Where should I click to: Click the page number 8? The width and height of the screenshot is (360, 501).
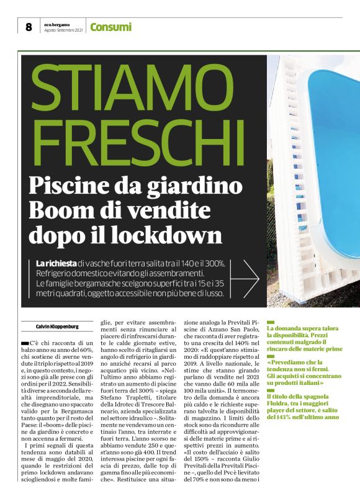(x=29, y=27)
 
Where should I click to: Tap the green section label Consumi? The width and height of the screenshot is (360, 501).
(x=111, y=27)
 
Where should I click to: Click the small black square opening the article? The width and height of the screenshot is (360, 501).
(x=25, y=343)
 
